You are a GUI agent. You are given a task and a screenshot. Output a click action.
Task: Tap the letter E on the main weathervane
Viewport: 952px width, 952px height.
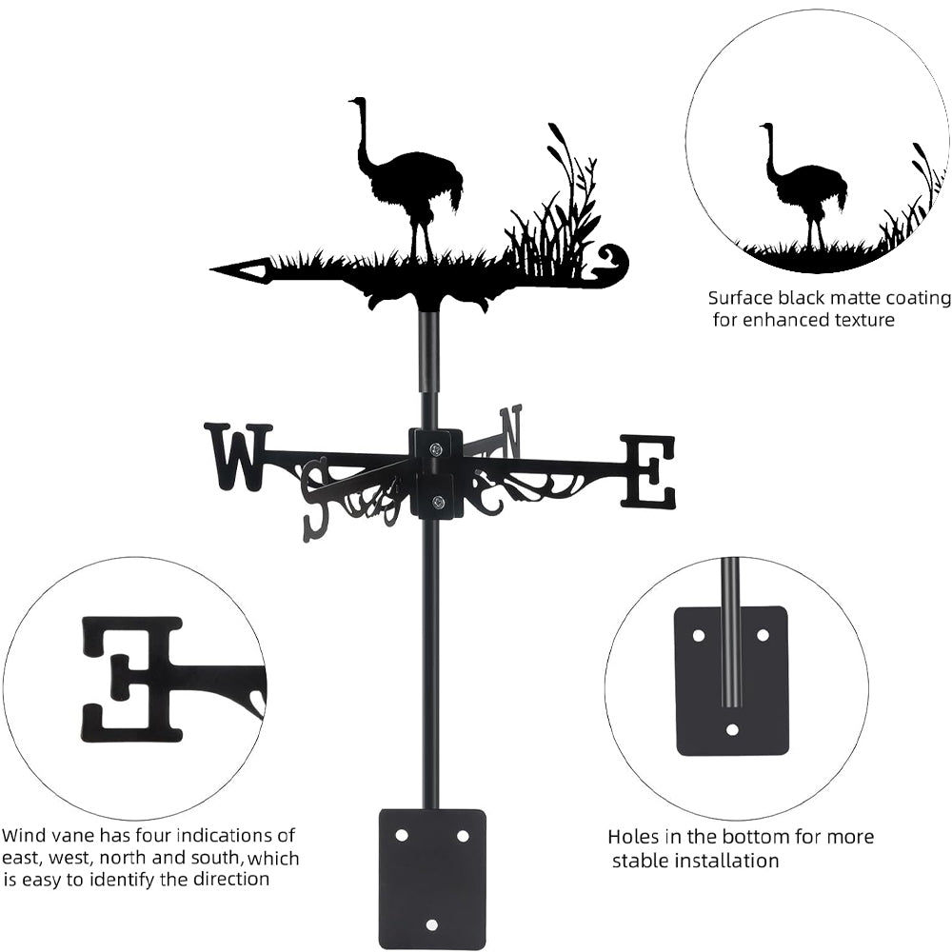(648, 471)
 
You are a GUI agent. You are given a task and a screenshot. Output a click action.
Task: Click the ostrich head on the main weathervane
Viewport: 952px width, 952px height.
(356, 102)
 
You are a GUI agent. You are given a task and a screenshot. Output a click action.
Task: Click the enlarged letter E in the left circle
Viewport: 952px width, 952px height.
(133, 678)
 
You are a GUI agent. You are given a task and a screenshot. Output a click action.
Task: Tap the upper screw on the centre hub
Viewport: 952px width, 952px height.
(436, 449)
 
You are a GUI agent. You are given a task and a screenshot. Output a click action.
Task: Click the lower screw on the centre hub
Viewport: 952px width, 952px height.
(437, 503)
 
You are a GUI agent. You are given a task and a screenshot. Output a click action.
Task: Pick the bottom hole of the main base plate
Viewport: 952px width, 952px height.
(432, 924)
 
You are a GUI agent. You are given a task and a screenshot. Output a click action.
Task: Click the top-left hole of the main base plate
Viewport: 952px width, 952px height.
(401, 835)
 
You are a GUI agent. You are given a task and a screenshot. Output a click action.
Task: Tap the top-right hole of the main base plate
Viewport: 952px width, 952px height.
(463, 835)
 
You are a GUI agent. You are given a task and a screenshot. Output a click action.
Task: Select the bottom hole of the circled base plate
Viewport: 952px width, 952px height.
(731, 730)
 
